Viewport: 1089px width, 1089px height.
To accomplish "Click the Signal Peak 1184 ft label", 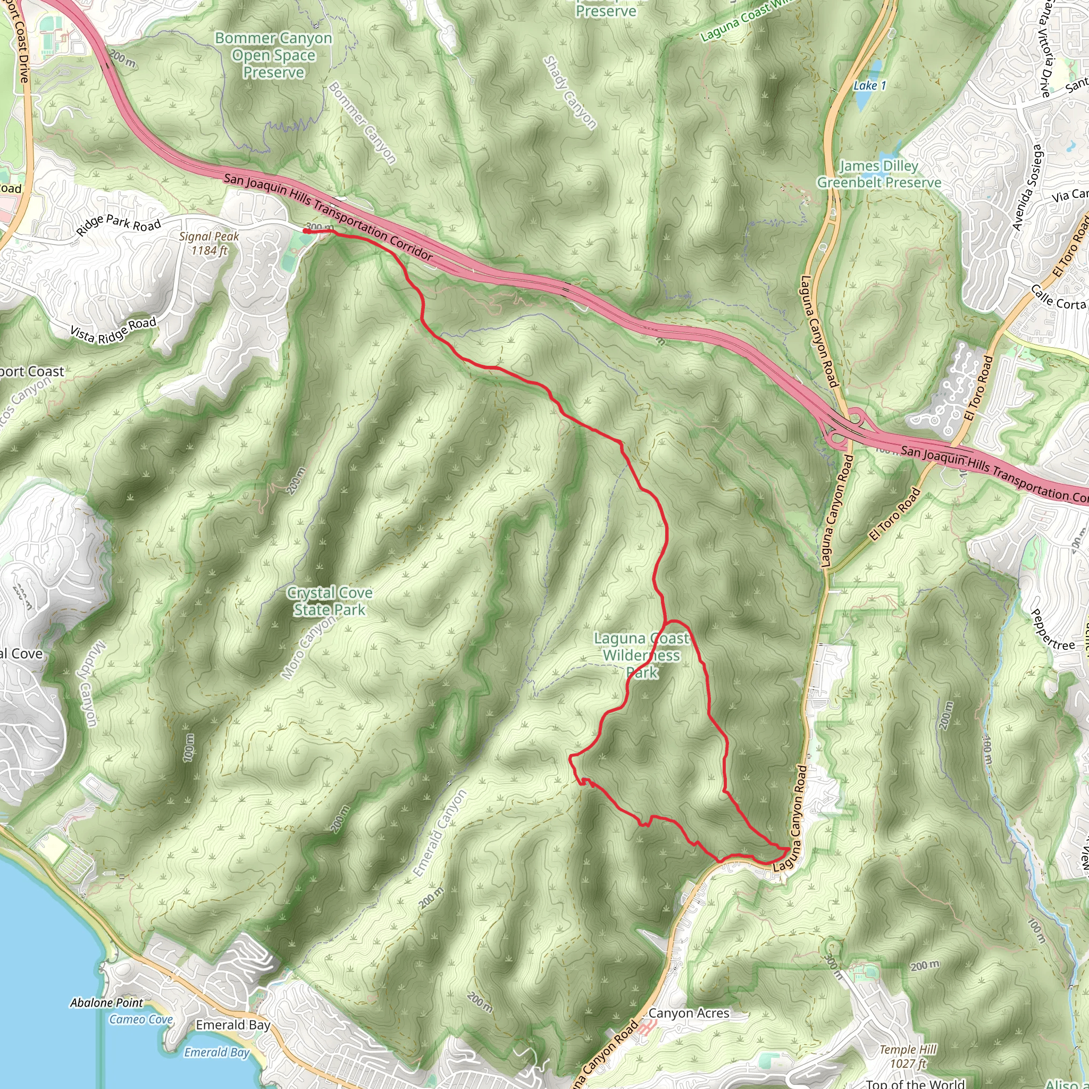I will pyautogui.click(x=209, y=244).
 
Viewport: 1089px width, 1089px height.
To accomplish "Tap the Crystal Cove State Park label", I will pyautogui.click(x=329, y=601).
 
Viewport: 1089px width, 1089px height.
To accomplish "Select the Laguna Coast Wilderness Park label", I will pyautogui.click(x=641, y=655).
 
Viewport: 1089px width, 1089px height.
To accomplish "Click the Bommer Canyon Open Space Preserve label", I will pyautogui.click(x=273, y=55).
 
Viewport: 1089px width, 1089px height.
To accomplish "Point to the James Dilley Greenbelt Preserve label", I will pyautogui.click(x=879, y=174).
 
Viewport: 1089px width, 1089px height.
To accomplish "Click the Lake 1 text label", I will pyautogui.click(x=869, y=86).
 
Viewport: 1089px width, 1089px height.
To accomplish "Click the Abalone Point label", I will pyautogui.click(x=106, y=1003).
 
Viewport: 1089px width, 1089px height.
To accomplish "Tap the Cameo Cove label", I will pyautogui.click(x=141, y=1019).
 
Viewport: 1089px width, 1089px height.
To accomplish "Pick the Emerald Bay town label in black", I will pyautogui.click(x=233, y=1025).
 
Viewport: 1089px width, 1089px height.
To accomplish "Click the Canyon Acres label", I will pyautogui.click(x=688, y=1013).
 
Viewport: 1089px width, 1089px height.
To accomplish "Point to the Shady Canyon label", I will pyautogui.click(x=569, y=93).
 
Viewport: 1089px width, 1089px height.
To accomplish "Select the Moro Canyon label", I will pyautogui.click(x=308, y=649).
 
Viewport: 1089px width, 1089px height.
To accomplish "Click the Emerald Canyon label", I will pyautogui.click(x=440, y=834).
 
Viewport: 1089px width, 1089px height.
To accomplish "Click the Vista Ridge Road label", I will pyautogui.click(x=113, y=330).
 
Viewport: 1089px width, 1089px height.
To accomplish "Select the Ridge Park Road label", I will pyautogui.click(x=119, y=224).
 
